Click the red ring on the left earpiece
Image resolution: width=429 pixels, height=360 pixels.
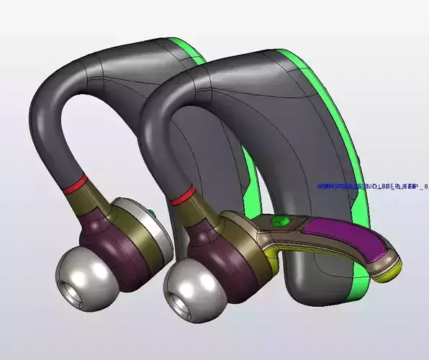coord(76,184)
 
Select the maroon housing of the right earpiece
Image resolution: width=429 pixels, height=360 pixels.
coord(209,248)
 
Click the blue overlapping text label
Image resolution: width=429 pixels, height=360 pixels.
coord(371,186)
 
